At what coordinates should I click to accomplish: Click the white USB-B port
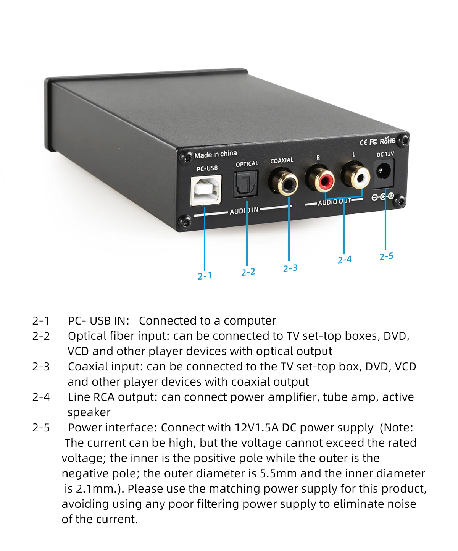pos(206,190)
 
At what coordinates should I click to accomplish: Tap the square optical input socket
pos(246,184)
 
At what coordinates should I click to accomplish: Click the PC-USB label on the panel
pos(207,168)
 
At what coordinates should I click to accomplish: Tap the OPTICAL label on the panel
pos(247,164)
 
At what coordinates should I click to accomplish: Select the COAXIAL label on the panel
pos(282,160)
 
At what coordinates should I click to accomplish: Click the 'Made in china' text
pos(216,154)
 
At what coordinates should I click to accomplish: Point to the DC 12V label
pos(385,154)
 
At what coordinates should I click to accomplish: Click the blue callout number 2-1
pos(205,276)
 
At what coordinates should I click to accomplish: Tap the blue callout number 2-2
pos(248,272)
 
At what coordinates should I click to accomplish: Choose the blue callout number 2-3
pos(290,268)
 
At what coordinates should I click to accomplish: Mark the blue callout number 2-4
pos(344,260)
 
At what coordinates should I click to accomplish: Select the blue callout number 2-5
pos(386,256)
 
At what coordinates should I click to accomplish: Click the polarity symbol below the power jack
pos(383,197)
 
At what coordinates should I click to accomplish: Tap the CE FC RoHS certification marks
pos(377,141)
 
